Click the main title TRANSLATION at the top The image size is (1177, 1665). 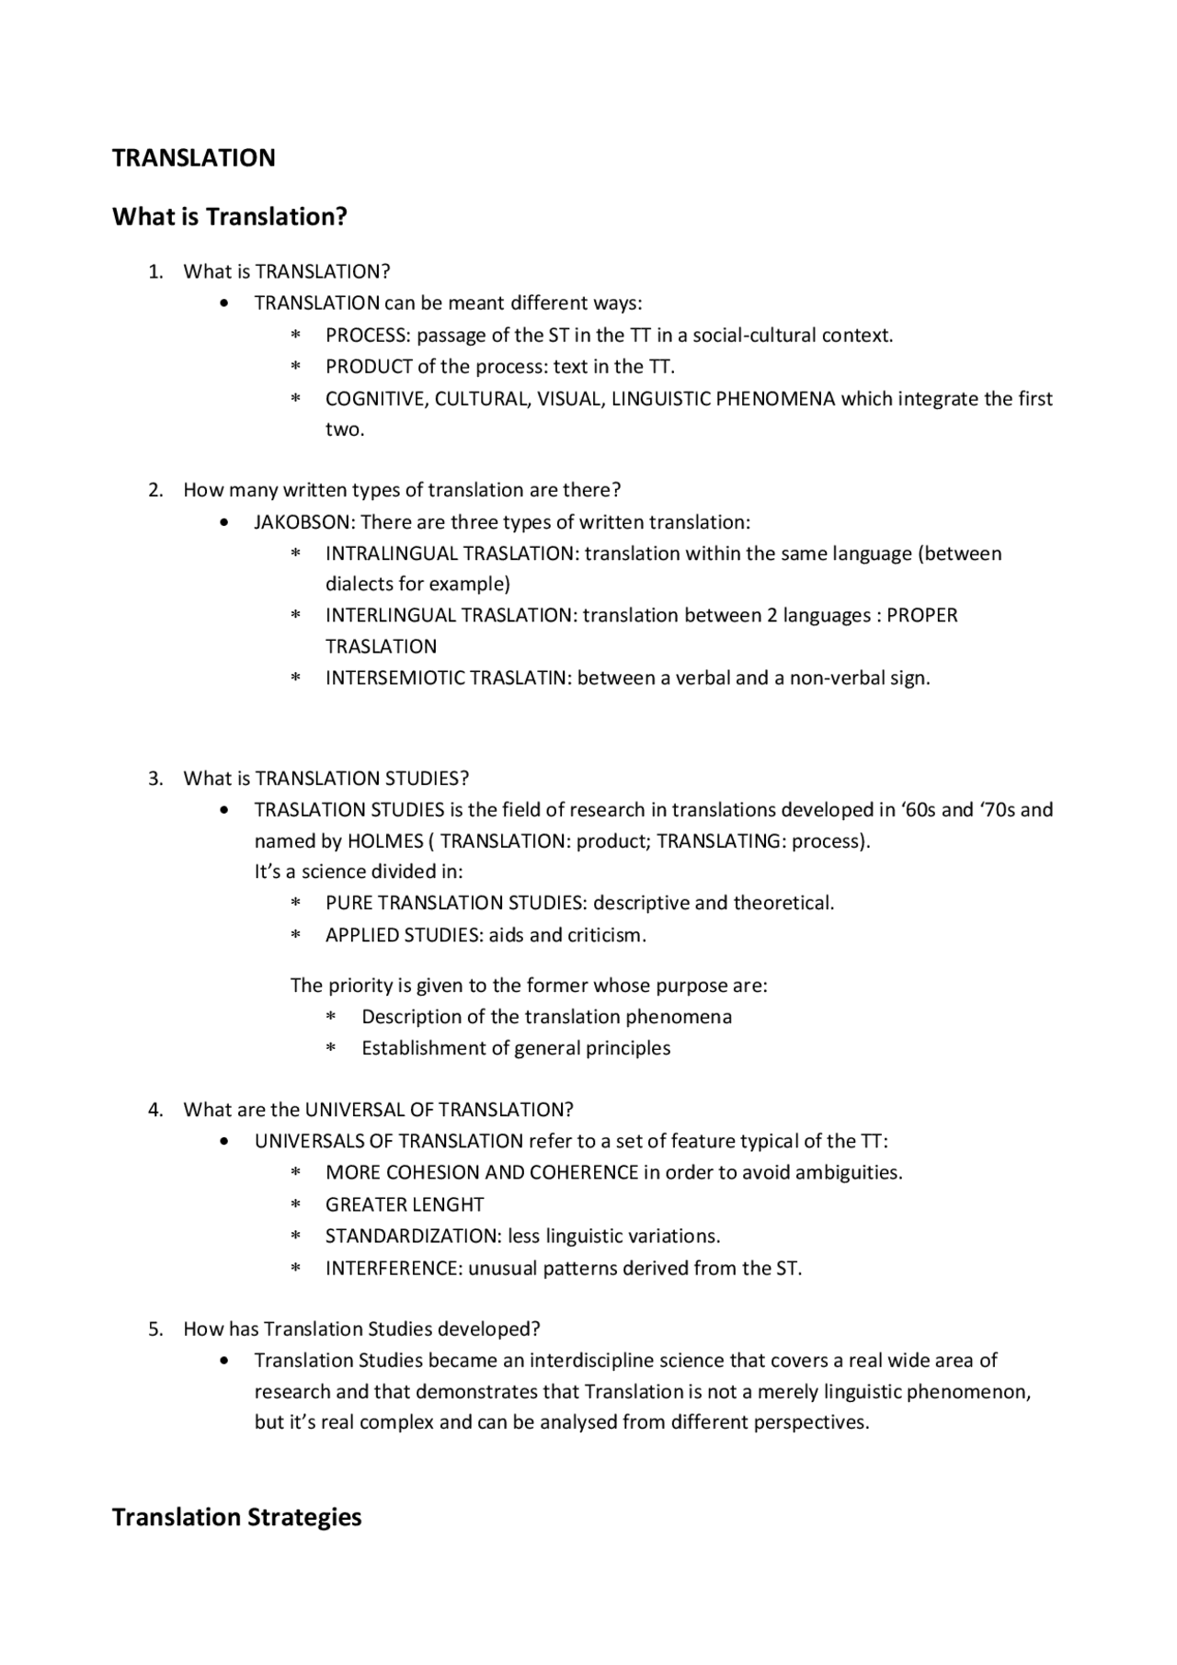(x=193, y=158)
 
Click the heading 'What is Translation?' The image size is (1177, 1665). (x=229, y=217)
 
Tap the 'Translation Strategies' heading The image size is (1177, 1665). (x=236, y=1517)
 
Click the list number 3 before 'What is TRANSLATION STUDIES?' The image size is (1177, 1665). (x=154, y=779)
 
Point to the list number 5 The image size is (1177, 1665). (x=154, y=1329)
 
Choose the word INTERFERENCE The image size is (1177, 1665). (x=393, y=1269)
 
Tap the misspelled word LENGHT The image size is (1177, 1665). (x=451, y=1204)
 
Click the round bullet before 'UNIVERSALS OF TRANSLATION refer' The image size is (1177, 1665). (x=225, y=1142)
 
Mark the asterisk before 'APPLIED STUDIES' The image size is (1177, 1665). (x=296, y=936)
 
